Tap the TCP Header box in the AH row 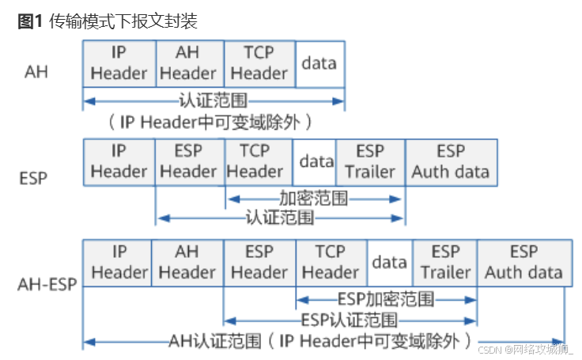(259, 63)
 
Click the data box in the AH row (319, 63)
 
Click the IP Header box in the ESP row (119, 161)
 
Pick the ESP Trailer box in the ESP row (370, 161)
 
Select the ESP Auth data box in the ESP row (451, 161)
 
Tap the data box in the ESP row (316, 161)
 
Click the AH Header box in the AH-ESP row (187, 262)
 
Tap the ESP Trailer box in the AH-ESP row (445, 262)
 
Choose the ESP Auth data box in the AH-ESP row (523, 262)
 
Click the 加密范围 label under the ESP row (313, 199)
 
